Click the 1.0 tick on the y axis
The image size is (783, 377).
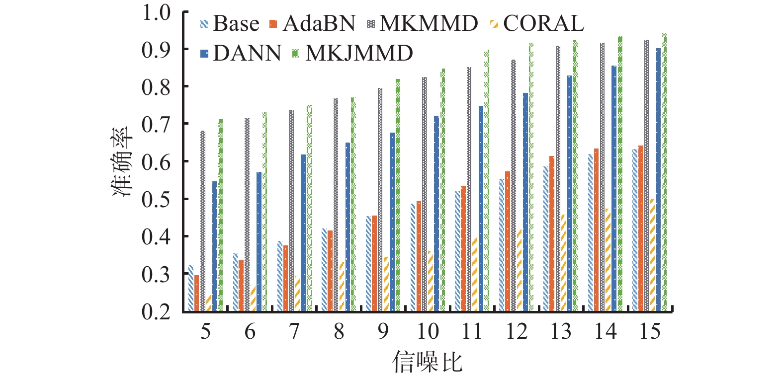pos(156,12)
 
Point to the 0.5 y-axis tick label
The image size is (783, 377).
pos(156,199)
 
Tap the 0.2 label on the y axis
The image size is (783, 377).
pos(156,311)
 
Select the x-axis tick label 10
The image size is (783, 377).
pos(428,331)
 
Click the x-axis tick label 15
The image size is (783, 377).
pos(649,331)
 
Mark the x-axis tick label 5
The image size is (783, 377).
pos(205,331)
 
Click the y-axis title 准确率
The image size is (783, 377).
pos(122,162)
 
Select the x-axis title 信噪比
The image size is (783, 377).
pos(428,361)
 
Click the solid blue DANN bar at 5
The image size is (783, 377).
pos(215,246)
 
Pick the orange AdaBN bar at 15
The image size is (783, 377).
pos(641,228)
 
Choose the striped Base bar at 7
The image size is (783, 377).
pos(280,276)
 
